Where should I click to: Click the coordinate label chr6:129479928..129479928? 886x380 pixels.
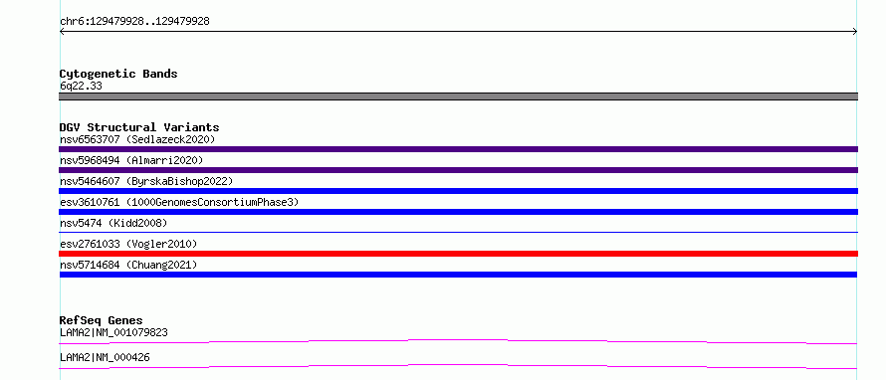coord(134,22)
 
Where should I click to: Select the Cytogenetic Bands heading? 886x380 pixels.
coord(118,74)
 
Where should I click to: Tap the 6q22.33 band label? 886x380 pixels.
coord(81,87)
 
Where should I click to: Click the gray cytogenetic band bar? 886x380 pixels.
coord(458,96)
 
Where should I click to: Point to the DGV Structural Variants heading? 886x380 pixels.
coord(139,127)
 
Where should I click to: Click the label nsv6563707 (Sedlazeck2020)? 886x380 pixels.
coord(137,139)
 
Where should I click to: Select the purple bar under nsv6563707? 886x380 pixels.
coord(458,149)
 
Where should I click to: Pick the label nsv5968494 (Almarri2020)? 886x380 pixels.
coord(131,160)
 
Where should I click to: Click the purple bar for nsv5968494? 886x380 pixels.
coord(458,170)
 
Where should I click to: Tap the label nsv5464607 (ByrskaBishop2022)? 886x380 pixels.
coord(146,181)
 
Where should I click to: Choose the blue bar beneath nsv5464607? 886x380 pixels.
coord(458,191)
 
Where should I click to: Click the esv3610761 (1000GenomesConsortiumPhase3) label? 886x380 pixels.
coord(179,202)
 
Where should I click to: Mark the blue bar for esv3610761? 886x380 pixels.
coord(458,212)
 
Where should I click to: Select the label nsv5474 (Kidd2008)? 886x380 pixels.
coord(113,223)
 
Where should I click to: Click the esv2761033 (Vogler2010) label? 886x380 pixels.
coord(128,244)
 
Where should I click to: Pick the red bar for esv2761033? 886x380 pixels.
coord(458,254)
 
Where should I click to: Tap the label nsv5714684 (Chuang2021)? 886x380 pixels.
coord(128,265)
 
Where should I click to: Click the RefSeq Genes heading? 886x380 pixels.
coord(102,320)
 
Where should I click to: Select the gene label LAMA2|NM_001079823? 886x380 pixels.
coord(113,332)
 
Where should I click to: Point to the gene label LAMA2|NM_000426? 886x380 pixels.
coord(105,357)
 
